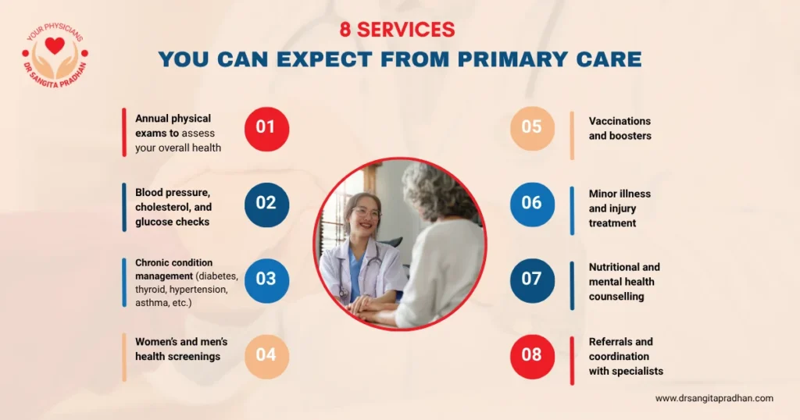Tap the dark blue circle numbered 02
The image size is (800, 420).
click(266, 204)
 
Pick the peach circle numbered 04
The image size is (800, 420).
click(266, 356)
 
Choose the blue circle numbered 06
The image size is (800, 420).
click(532, 204)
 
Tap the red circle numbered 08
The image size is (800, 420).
click(532, 356)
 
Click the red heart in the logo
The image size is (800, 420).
click(55, 46)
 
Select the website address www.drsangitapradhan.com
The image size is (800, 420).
click(714, 398)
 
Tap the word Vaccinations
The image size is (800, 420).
click(620, 121)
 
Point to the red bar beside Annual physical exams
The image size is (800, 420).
click(124, 132)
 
